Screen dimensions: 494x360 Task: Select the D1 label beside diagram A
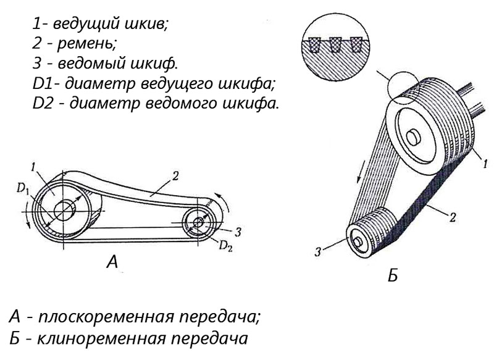click(23, 189)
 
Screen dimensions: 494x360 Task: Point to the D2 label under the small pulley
click(226, 246)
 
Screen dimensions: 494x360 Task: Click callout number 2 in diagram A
click(175, 176)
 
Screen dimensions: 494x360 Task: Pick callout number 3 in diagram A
click(238, 232)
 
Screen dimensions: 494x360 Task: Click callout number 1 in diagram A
click(33, 167)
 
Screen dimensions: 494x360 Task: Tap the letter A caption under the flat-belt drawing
click(112, 261)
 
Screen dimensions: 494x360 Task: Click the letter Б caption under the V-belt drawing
click(393, 276)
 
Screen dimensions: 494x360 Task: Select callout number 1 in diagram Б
click(485, 164)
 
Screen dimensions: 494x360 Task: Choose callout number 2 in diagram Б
click(453, 217)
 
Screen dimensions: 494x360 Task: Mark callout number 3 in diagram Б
click(318, 252)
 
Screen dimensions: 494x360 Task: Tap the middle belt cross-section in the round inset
click(335, 44)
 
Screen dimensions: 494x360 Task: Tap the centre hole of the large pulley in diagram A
click(64, 211)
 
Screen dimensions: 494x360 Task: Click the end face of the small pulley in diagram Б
click(359, 241)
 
